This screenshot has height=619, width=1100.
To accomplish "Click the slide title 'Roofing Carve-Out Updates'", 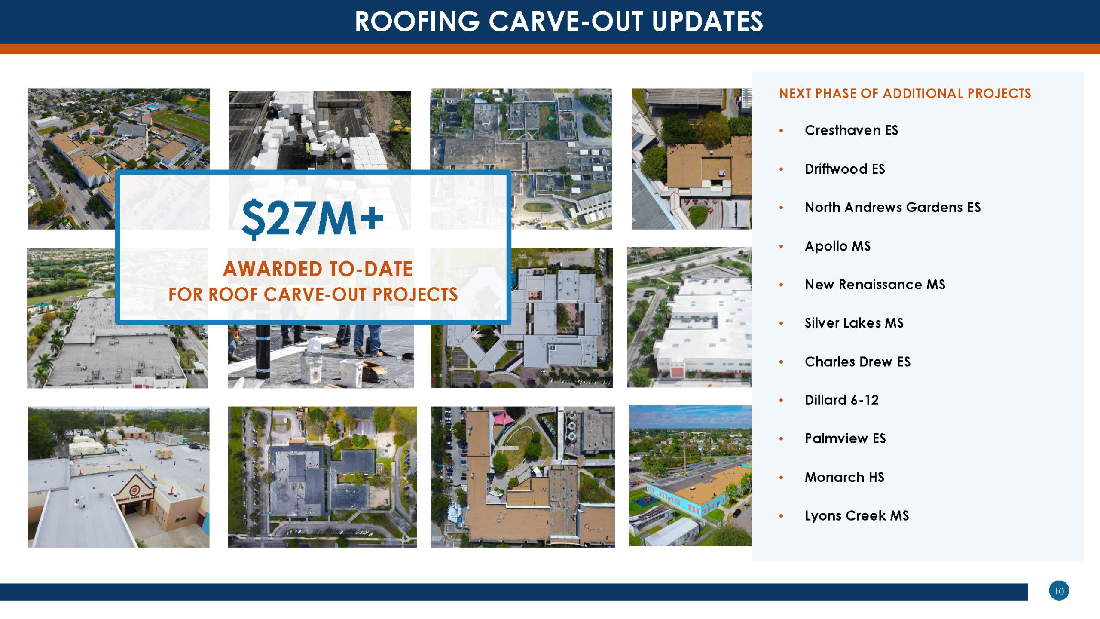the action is (559, 21).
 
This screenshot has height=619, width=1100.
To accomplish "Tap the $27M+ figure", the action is (313, 218).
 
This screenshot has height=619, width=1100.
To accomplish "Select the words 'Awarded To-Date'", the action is (318, 269).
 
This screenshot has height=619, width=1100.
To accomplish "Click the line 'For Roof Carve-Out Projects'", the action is (313, 294).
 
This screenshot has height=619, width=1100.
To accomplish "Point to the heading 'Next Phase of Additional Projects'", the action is (905, 94).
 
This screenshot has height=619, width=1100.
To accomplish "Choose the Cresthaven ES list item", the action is (851, 130).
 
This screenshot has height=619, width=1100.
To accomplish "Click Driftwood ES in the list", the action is (845, 169).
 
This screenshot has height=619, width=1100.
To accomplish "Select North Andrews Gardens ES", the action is (892, 208).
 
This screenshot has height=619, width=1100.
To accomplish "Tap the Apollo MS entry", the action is (837, 246).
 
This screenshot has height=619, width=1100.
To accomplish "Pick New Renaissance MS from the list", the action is (875, 285).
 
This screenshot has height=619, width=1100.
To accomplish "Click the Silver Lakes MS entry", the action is (854, 323).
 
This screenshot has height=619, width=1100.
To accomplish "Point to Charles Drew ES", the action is (857, 362).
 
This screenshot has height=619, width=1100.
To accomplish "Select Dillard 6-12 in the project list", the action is (841, 400).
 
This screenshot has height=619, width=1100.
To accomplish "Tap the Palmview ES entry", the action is (845, 438).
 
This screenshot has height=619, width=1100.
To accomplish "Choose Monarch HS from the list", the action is (844, 477).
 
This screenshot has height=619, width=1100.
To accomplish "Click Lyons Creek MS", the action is (857, 515).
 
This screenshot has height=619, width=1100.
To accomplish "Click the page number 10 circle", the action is (1059, 591).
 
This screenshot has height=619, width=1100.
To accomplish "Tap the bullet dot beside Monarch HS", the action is (782, 478).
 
